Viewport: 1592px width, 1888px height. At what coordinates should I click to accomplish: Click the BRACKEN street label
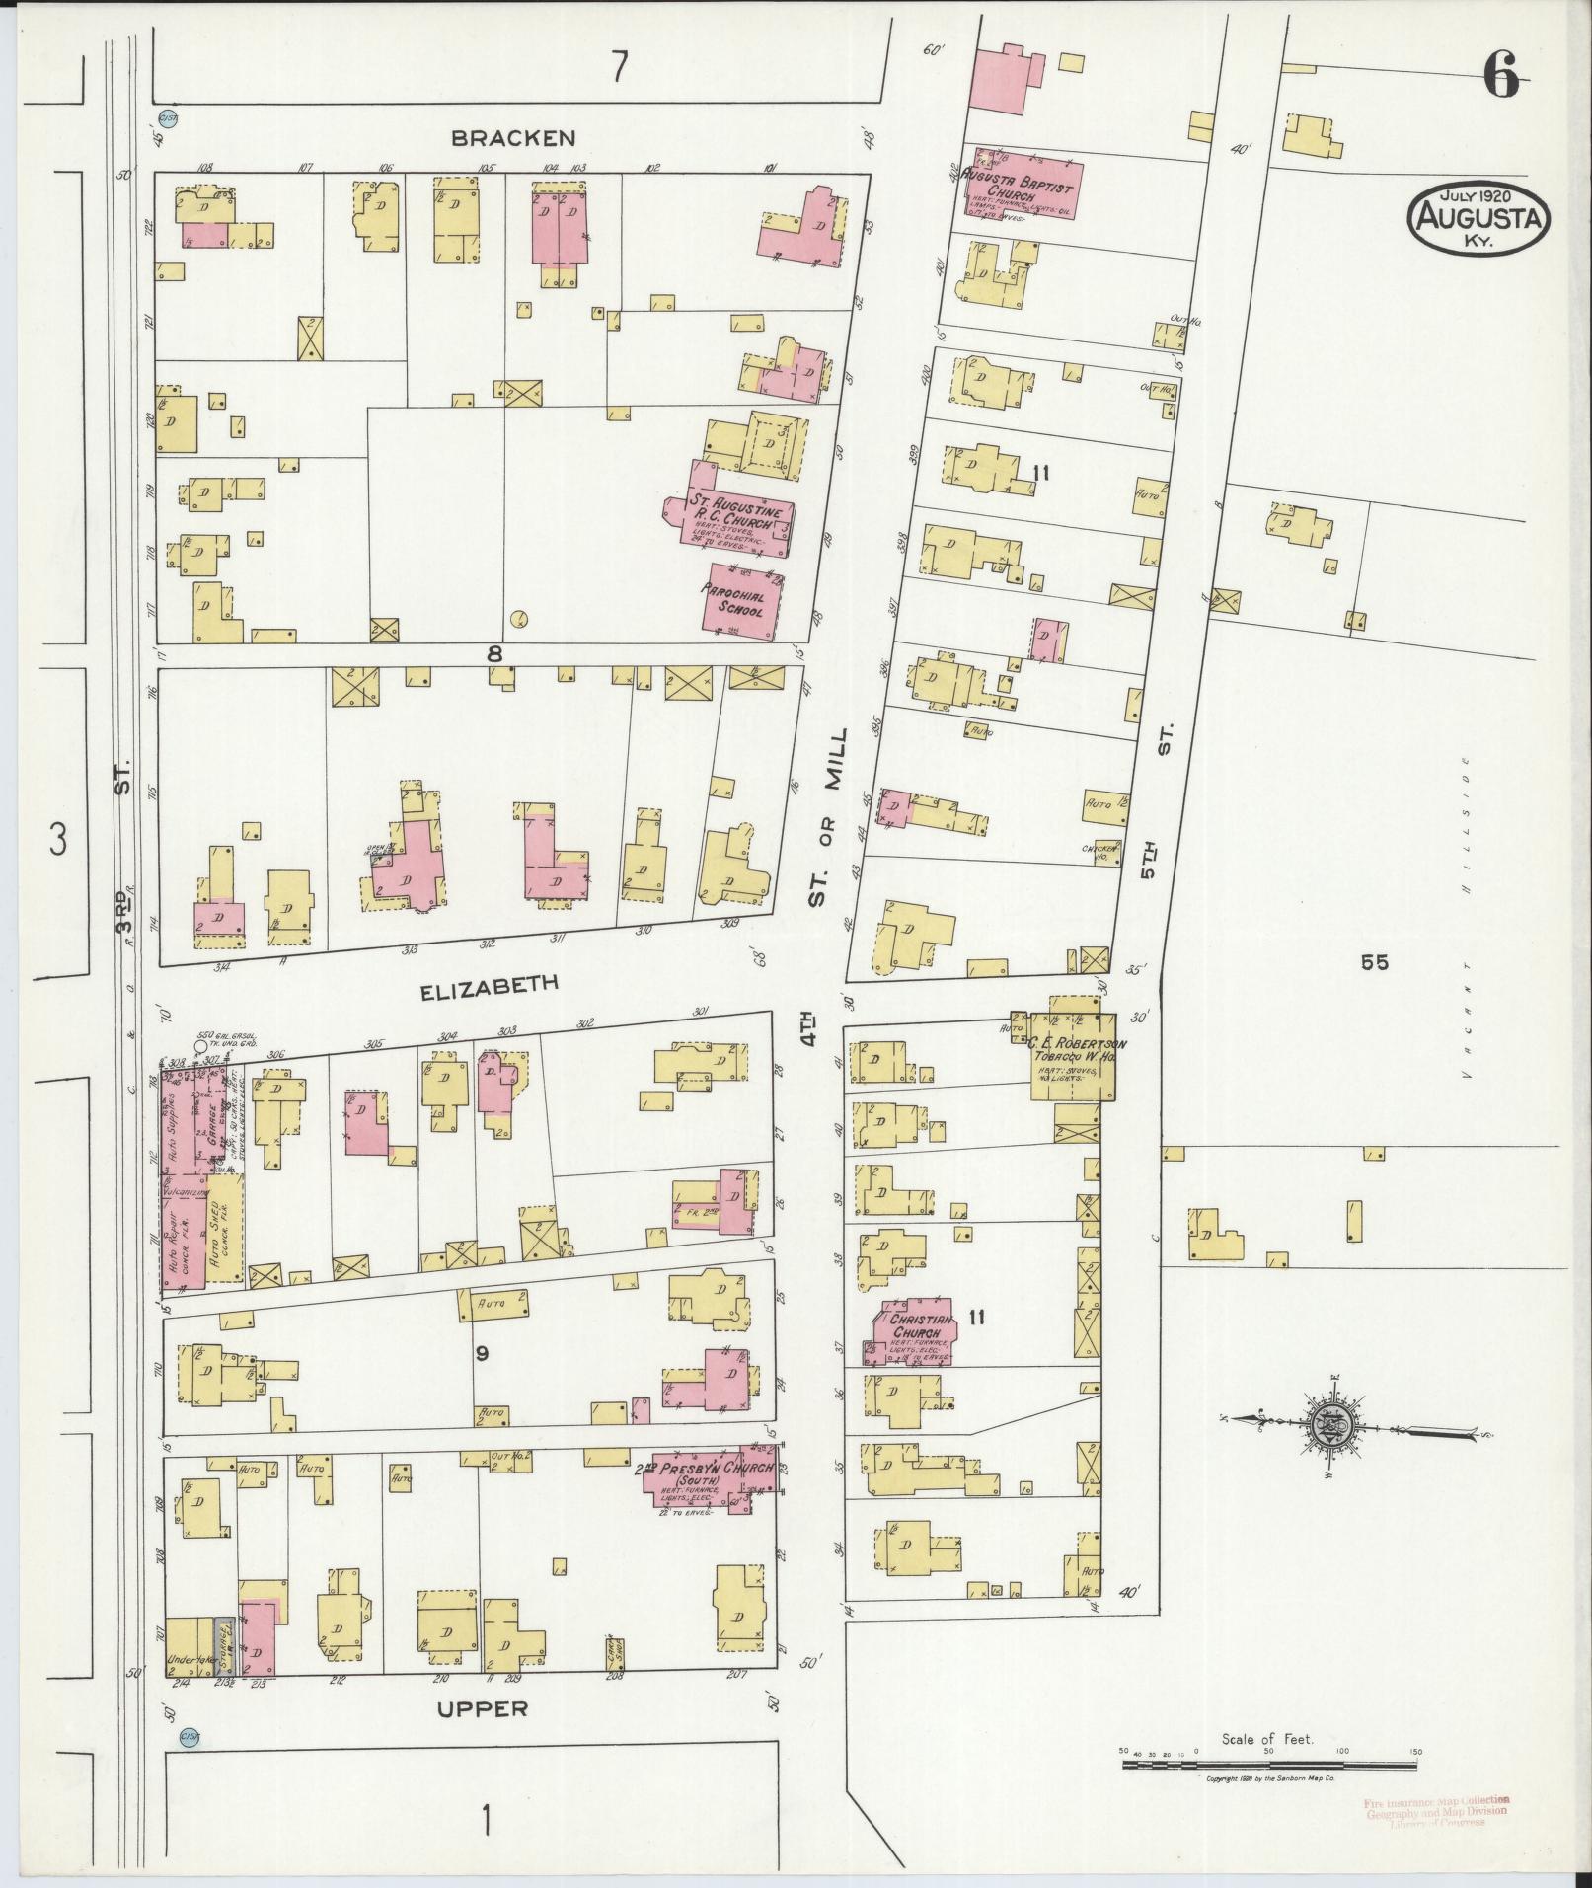click(x=512, y=138)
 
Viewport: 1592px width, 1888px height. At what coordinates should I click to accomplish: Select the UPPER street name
click(x=484, y=1707)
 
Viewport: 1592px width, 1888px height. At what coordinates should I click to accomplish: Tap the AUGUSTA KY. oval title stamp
click(x=1478, y=219)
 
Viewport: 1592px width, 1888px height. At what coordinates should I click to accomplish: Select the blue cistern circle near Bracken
click(x=168, y=119)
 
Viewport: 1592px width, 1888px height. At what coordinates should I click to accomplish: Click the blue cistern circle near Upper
click(x=190, y=1736)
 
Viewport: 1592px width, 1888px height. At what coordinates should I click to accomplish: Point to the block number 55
click(x=1374, y=963)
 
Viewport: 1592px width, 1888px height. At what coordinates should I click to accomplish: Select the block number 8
click(x=494, y=652)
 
